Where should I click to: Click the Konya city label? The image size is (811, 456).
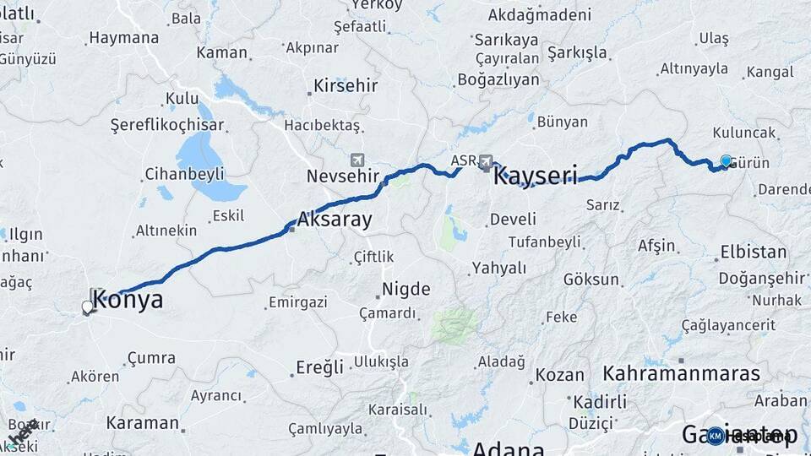[x=128, y=300]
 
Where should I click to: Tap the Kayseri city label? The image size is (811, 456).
[x=535, y=176]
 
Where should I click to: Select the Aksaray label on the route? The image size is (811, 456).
[x=335, y=220]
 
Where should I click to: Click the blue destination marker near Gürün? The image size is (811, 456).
[x=726, y=160]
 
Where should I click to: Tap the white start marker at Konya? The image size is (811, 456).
[x=87, y=307]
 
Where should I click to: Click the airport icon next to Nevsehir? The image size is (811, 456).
[x=357, y=160]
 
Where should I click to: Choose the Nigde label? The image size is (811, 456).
[x=406, y=290]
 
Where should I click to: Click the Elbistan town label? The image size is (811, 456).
[x=753, y=252]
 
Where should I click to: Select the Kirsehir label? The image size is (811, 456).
[x=346, y=85]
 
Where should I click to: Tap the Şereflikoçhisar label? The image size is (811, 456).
[x=167, y=125]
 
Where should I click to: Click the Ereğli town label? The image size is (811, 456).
[x=319, y=367]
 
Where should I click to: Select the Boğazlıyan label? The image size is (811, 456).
[x=498, y=79]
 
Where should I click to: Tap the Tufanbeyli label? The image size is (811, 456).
[x=544, y=242]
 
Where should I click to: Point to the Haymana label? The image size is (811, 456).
[x=123, y=38]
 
